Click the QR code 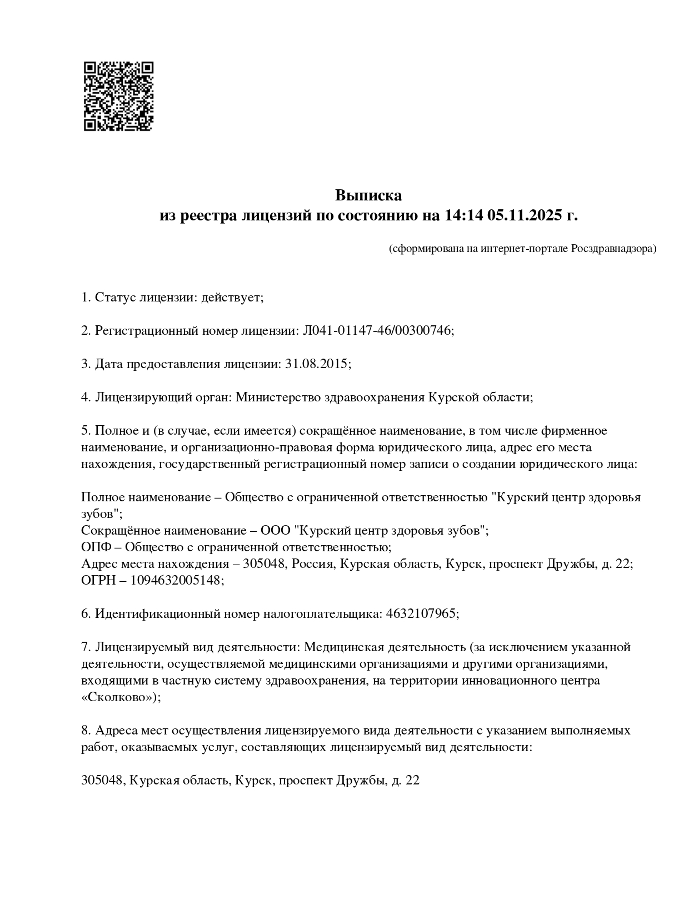click(x=118, y=96)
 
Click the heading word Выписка click(x=368, y=195)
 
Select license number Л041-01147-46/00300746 click(x=377, y=331)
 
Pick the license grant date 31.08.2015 click(x=316, y=364)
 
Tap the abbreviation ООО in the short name click(x=275, y=531)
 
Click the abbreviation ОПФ click(x=95, y=547)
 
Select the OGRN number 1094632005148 click(x=176, y=581)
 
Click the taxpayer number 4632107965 click(x=420, y=614)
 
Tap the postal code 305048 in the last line click(x=101, y=781)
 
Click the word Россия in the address click(x=312, y=564)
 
